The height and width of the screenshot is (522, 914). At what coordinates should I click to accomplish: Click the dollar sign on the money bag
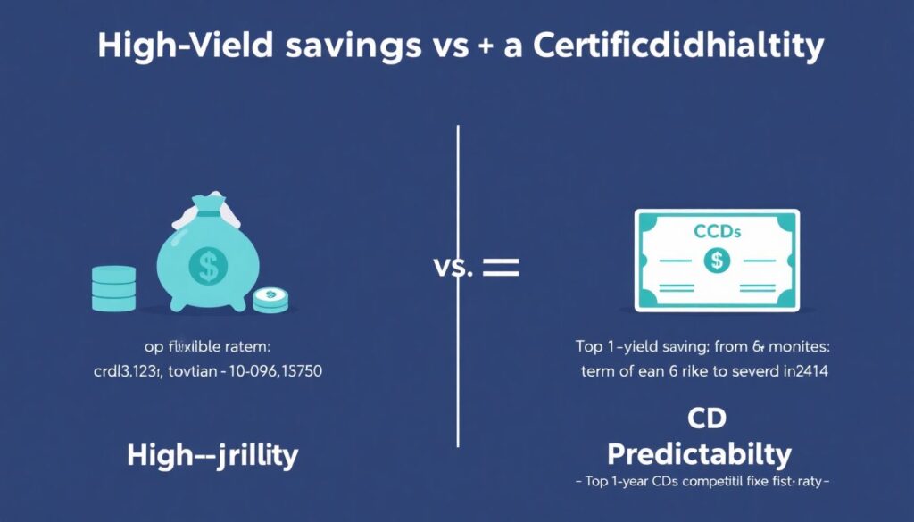[207, 264]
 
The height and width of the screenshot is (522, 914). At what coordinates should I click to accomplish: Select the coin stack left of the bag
[114, 289]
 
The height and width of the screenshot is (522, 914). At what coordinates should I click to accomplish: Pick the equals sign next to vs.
[500, 266]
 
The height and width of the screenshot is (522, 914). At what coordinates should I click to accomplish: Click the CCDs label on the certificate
[716, 232]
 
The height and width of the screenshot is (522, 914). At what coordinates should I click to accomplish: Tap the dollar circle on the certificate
[716, 261]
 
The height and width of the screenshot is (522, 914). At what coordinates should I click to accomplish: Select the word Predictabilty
[699, 454]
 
